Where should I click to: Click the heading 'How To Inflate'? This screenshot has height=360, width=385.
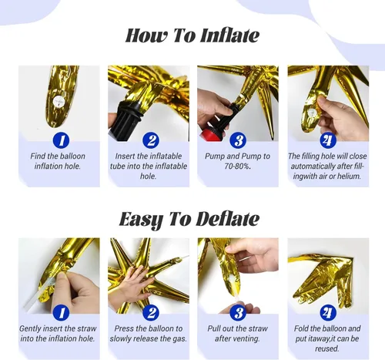[x=192, y=35]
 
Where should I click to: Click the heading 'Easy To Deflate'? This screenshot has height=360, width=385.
[x=189, y=219]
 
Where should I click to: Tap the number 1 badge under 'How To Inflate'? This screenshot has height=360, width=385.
[x=61, y=140]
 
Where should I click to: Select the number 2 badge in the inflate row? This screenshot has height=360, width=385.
[x=151, y=140]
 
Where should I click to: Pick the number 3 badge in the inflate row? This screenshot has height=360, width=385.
[x=239, y=140]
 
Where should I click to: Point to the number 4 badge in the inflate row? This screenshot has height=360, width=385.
[x=328, y=140]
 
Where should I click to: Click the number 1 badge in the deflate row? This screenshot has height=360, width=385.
[x=61, y=313]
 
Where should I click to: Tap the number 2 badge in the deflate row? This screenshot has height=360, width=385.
[x=151, y=313]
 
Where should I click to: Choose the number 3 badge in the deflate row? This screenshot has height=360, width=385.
[x=239, y=313]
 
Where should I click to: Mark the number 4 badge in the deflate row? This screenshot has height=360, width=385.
[x=328, y=313]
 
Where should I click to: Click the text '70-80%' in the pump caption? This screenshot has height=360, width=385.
[x=236, y=166]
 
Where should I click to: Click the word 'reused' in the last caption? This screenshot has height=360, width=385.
[x=327, y=348]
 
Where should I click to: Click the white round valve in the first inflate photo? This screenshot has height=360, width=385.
[x=59, y=101]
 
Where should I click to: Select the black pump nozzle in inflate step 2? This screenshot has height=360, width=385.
[x=126, y=119]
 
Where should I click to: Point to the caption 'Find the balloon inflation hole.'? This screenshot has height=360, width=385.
[x=58, y=161]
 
